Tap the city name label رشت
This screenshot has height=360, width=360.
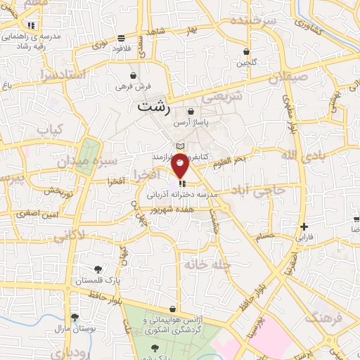(154, 108)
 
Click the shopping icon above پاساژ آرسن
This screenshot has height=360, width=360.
(191, 112)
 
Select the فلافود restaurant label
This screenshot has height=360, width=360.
(122, 49)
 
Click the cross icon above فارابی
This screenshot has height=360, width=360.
(304, 226)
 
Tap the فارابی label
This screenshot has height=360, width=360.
(304, 238)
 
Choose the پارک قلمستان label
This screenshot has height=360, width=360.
(98, 281)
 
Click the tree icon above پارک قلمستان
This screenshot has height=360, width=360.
(98, 269)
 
